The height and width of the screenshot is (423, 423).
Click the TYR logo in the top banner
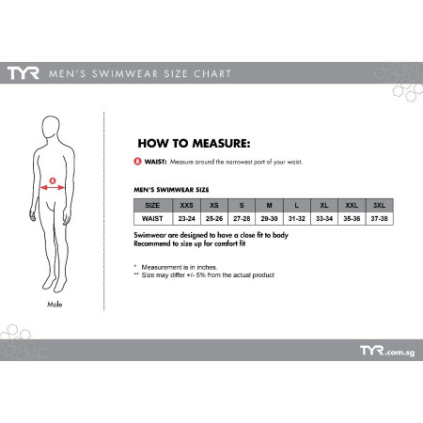point(23,73)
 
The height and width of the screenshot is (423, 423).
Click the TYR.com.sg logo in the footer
point(387,351)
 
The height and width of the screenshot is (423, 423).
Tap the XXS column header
point(186,206)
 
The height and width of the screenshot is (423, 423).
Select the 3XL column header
point(379,206)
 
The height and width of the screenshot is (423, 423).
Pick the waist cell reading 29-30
point(269,219)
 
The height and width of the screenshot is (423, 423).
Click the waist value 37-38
point(379,219)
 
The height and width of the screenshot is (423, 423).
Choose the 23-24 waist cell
point(186,219)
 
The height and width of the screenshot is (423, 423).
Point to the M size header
point(269,206)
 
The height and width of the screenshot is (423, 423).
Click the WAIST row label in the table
point(152,219)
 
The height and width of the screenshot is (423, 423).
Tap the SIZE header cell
point(152,206)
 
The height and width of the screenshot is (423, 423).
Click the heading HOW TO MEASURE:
point(194,144)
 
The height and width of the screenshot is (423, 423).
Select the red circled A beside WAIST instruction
point(137,162)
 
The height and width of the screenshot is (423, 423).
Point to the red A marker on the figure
point(53,180)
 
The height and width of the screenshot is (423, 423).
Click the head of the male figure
point(51,127)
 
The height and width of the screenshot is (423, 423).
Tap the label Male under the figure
point(55,305)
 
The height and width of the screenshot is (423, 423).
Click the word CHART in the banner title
point(212,73)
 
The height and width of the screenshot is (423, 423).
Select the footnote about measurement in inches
point(176,267)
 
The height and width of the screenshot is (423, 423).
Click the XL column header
point(324,206)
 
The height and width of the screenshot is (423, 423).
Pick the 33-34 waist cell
point(324,219)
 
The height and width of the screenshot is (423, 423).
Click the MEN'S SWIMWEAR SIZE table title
point(171,190)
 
